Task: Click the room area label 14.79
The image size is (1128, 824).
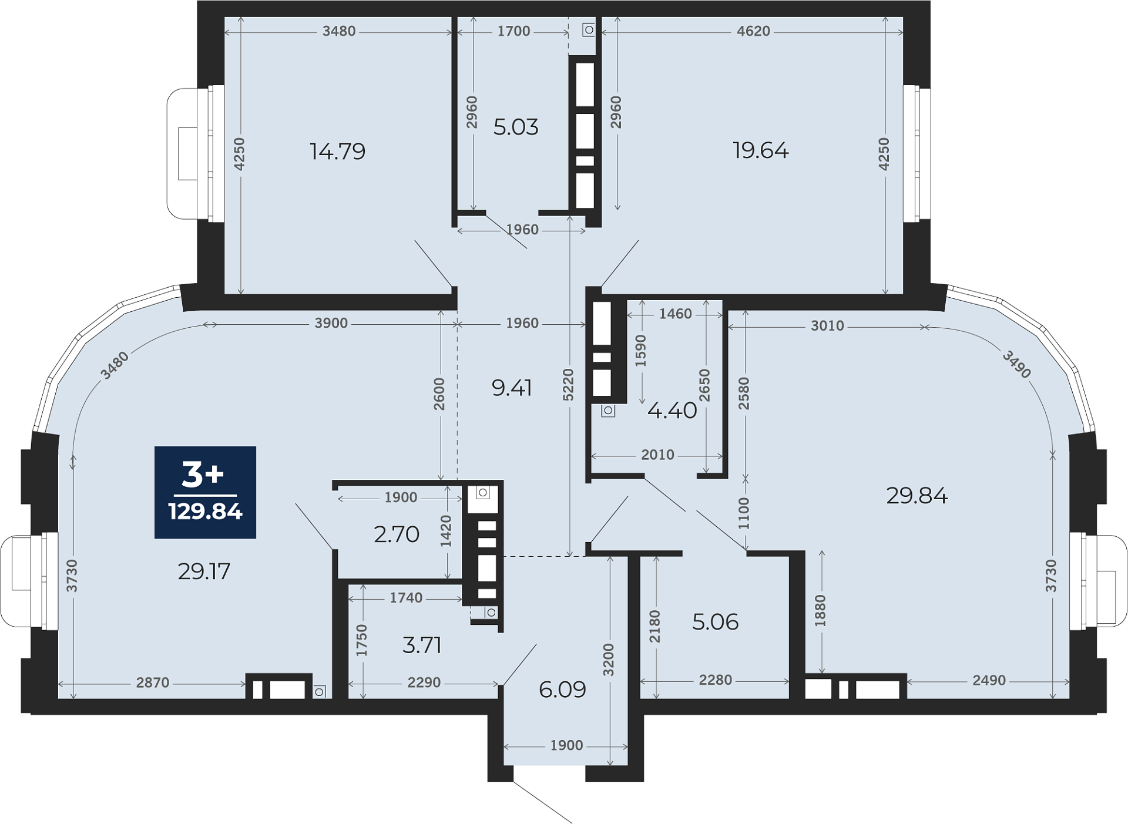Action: point(338,152)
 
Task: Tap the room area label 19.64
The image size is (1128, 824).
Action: point(761,150)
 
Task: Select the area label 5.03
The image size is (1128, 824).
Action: point(516,127)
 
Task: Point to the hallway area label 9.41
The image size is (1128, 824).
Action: point(512,388)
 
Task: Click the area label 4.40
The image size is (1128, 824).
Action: point(672,410)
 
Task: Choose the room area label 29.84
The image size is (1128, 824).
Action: point(917,496)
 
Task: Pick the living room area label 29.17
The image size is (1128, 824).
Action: point(204,571)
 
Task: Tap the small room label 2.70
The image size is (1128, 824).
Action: point(397,534)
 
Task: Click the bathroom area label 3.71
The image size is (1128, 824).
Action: point(422,645)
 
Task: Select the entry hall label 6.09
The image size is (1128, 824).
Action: point(562,690)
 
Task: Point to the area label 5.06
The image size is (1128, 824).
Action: point(715,621)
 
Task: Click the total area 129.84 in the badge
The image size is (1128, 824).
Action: point(205,512)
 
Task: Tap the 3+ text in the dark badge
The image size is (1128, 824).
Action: point(203,475)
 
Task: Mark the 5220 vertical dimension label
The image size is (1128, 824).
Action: point(568,385)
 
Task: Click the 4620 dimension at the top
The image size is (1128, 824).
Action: point(754,31)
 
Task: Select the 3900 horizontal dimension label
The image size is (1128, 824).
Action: point(331,323)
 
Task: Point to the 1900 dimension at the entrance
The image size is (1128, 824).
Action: point(566,745)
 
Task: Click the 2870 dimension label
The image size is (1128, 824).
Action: point(153,682)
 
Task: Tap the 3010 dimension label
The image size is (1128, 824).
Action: point(827,325)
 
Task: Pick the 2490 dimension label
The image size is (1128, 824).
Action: point(989,680)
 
